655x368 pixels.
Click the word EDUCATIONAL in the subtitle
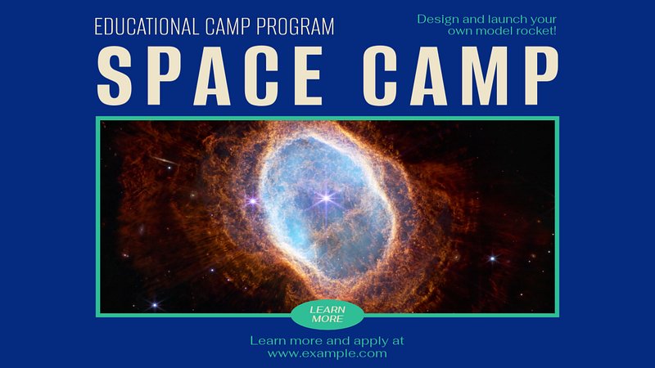pyautogui.click(x=147, y=26)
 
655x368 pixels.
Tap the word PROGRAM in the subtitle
pyautogui.click(x=296, y=26)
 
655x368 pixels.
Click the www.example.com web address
pyautogui.click(x=327, y=354)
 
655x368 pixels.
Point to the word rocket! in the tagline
pyautogui.click(x=536, y=30)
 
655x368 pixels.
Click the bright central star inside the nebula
pyautogui.click(x=326, y=197)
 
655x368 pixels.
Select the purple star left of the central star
pyautogui.click(x=252, y=201)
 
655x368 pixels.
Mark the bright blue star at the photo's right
pyautogui.click(x=493, y=258)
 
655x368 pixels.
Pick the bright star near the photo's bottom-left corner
pyautogui.click(x=155, y=305)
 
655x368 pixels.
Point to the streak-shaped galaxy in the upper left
pyautogui.click(x=165, y=160)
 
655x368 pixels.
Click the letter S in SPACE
pyautogui.click(x=114, y=75)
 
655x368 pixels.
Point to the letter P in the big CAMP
pyautogui.click(x=541, y=75)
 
